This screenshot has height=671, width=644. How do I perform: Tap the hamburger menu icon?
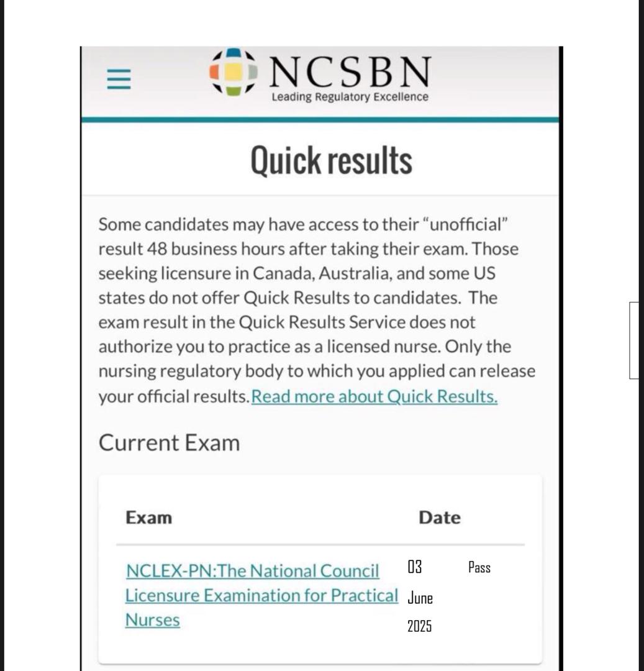[x=119, y=79]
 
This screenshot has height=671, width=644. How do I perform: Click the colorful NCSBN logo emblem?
[x=233, y=72]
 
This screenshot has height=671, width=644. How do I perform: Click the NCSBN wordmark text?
[x=350, y=72]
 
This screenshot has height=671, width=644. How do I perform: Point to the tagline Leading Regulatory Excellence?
[x=350, y=97]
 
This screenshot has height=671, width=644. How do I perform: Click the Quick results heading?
[x=331, y=160]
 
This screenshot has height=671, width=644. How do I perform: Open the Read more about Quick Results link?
[x=374, y=396]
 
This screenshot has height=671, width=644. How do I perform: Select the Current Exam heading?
[x=169, y=443]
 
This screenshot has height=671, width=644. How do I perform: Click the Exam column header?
[x=149, y=518]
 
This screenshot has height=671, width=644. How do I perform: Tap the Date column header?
[x=440, y=518]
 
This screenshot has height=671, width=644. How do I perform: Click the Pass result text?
[x=479, y=567]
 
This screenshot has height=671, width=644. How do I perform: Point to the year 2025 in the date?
[x=419, y=626]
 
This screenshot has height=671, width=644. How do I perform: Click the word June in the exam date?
[x=420, y=598]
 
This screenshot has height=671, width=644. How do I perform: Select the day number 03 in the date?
[x=415, y=567]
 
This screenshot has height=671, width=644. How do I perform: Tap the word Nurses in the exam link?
[x=153, y=620]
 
